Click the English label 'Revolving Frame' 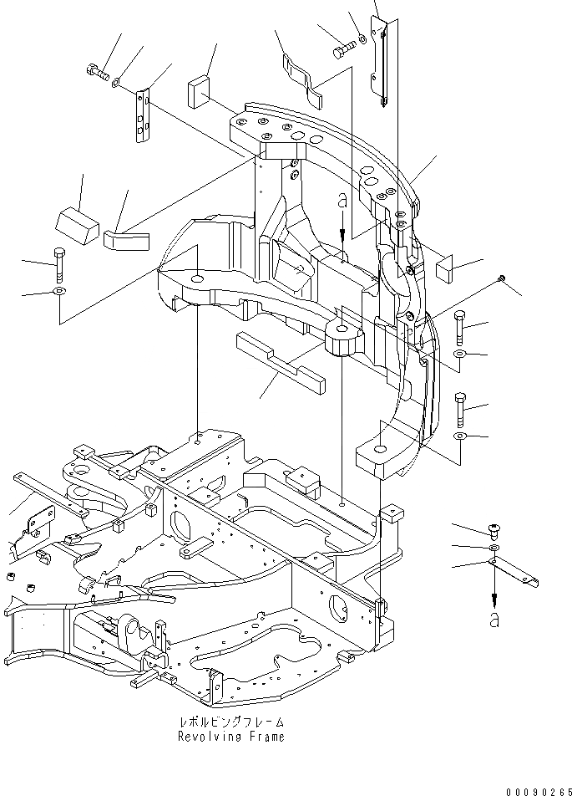(230, 737)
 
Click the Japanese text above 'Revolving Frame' (230, 722)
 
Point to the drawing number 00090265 (534, 788)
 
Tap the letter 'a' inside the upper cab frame (342, 202)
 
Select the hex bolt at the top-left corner (98, 73)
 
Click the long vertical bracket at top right (382, 63)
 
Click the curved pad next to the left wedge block (125, 239)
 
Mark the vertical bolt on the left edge (58, 264)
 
